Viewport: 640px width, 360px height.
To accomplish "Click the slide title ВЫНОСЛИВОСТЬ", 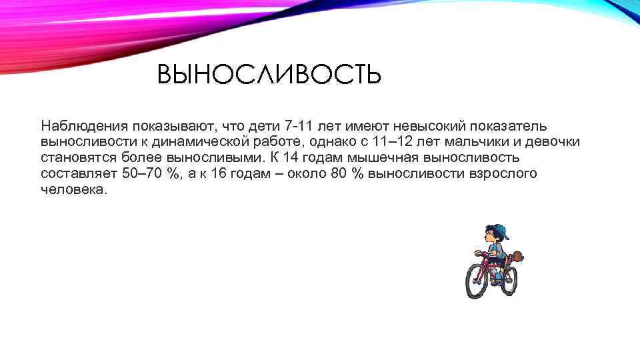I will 269,75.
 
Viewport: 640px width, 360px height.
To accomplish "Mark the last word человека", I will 73,190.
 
